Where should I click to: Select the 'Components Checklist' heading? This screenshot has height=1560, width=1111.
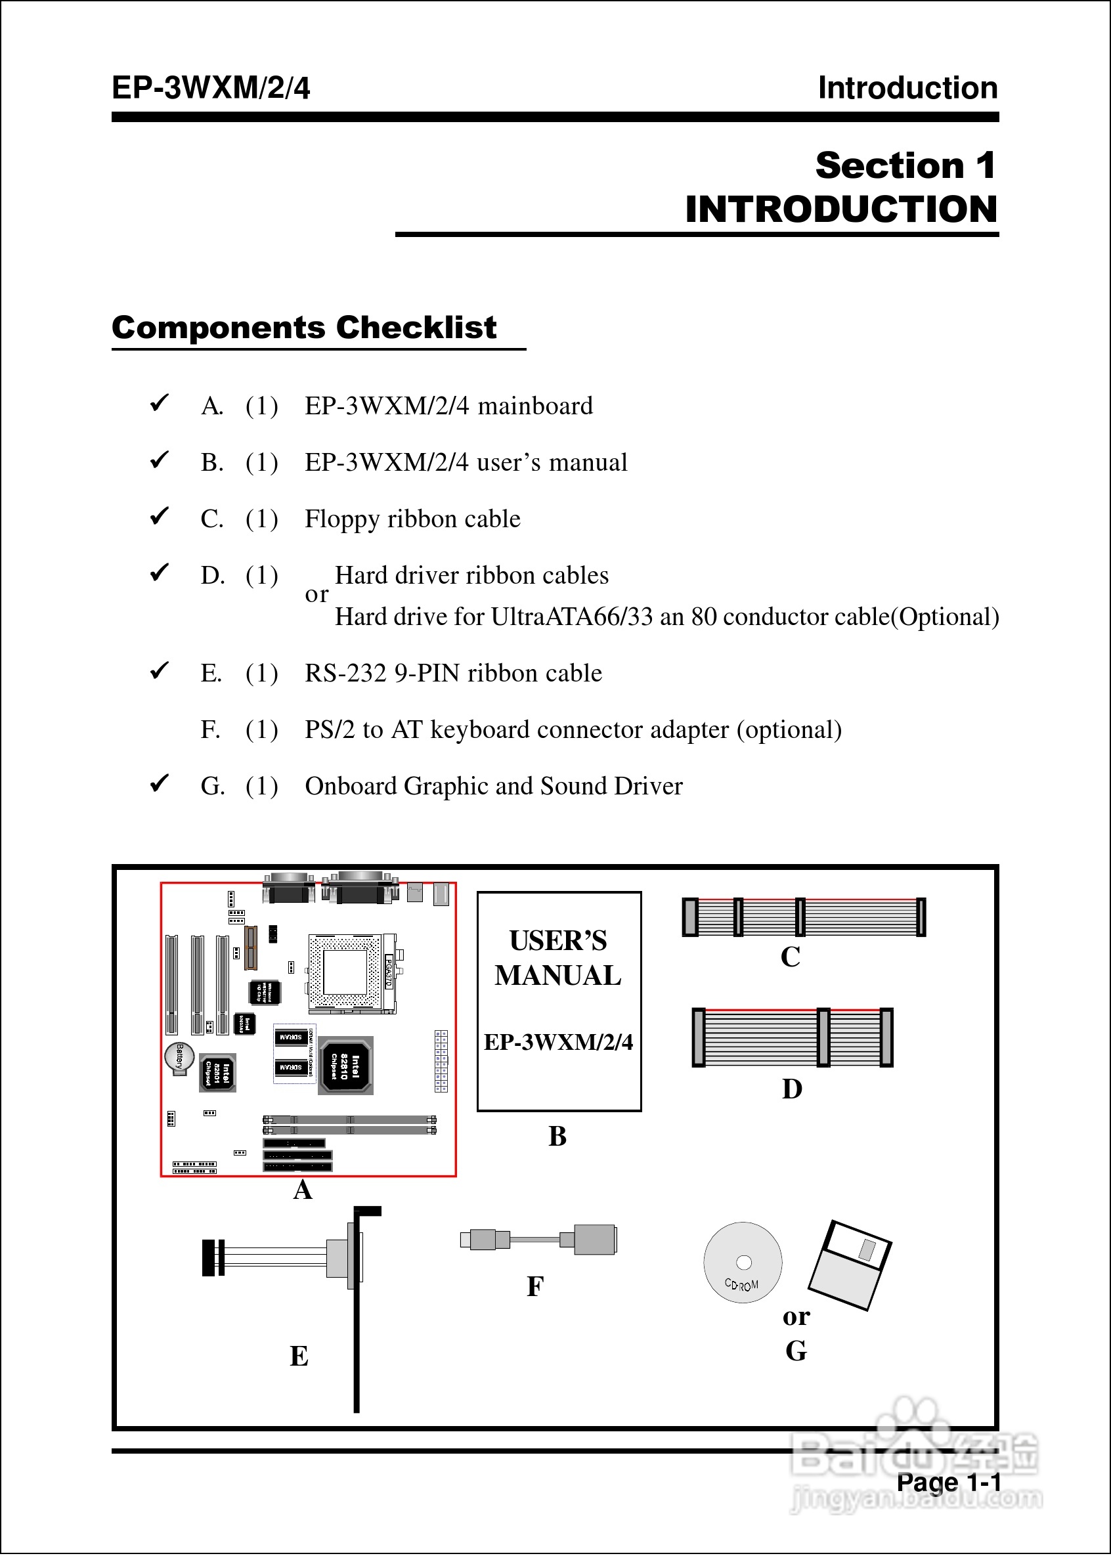tap(304, 328)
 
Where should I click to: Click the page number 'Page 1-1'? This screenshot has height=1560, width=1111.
tap(948, 1482)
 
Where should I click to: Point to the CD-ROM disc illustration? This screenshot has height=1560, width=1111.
tap(743, 1263)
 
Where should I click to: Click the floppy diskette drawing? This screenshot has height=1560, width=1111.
tap(850, 1265)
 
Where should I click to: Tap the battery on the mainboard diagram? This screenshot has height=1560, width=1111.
tap(179, 1057)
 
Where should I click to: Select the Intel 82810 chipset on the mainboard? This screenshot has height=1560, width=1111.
tap(346, 1065)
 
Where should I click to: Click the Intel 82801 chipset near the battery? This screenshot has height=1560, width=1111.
tap(217, 1072)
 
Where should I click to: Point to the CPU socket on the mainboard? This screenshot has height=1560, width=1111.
tap(345, 972)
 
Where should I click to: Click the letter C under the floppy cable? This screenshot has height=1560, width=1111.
tap(790, 957)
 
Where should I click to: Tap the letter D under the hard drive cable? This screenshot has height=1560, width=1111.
tap(792, 1089)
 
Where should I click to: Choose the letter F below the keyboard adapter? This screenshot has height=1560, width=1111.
tap(535, 1286)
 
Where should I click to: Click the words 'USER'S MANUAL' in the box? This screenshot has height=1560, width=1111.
tap(558, 957)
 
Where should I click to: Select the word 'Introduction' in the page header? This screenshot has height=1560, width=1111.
tap(908, 88)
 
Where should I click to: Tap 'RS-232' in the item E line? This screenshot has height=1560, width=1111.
tap(345, 673)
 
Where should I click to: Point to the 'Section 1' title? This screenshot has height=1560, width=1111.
tap(905, 165)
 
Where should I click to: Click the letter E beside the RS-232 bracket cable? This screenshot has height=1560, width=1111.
tap(299, 1356)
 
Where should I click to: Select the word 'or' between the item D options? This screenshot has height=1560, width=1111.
tap(316, 594)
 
